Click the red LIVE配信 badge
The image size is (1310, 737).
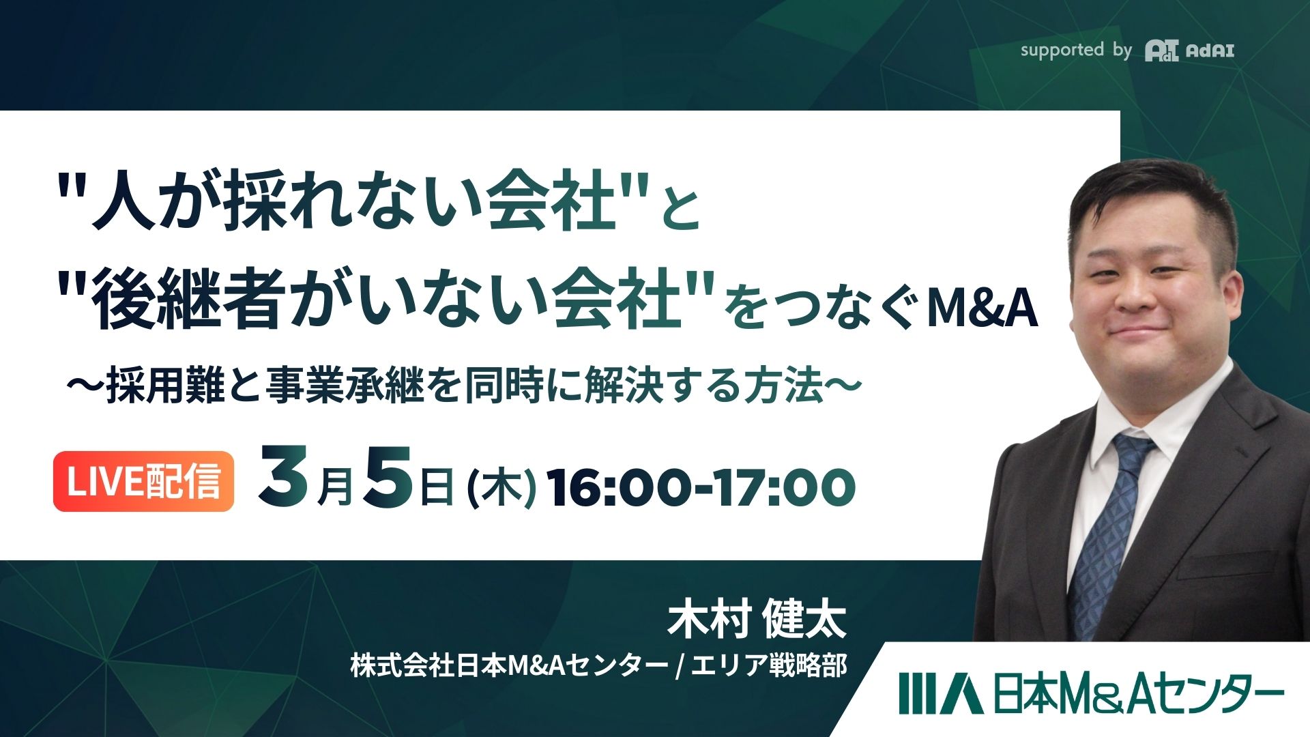pos(143,481)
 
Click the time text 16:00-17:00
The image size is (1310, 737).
pos(702,487)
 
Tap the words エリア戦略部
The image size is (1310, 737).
pos(769,665)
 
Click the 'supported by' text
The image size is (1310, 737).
pos(1075,50)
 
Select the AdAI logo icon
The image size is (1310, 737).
pos(1161,50)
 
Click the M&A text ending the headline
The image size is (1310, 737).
pos(982,308)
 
